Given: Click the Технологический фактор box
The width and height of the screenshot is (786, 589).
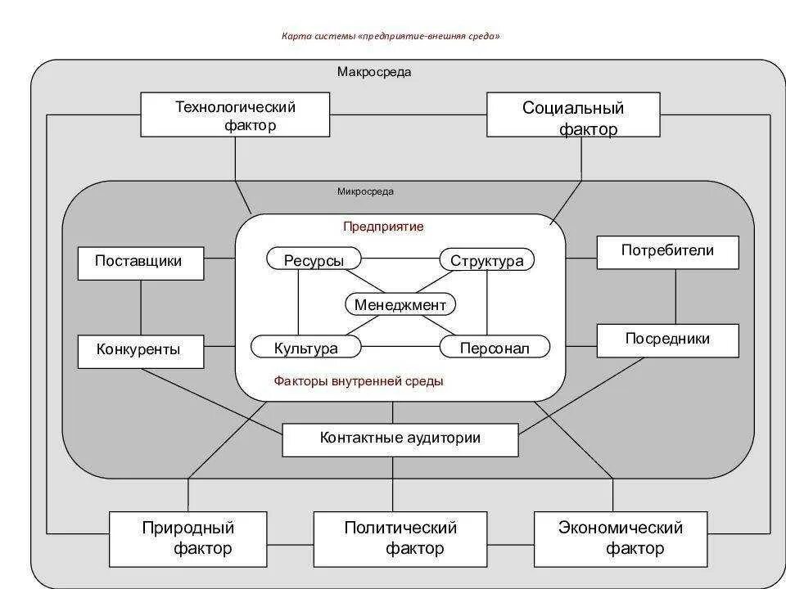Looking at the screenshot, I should [x=235, y=115].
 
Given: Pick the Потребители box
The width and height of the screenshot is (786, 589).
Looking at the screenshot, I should [x=667, y=252].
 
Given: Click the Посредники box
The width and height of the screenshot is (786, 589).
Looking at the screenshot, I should [x=667, y=340].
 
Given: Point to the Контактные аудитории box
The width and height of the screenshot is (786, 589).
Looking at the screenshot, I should [x=400, y=439].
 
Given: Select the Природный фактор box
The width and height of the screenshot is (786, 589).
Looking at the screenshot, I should [x=188, y=539].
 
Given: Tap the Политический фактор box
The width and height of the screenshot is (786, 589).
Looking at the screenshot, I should [x=400, y=539].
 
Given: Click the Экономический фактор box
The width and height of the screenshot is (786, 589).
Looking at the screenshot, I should [x=621, y=539].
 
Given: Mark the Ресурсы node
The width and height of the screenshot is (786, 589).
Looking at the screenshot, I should [x=314, y=260].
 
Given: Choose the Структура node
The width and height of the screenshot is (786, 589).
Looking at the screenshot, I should [x=487, y=260].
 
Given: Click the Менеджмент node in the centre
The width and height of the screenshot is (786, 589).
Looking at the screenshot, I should [x=400, y=304].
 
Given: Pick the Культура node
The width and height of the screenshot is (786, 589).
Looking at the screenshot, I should [x=306, y=348].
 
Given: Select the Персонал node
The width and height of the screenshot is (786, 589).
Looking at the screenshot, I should [x=495, y=348].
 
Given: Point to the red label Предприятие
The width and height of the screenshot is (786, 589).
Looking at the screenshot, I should [x=383, y=227].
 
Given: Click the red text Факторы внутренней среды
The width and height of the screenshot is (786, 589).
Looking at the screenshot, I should [x=359, y=381].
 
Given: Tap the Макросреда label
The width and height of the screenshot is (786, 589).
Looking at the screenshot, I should [x=374, y=72].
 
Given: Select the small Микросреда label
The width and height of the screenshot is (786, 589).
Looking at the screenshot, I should [x=365, y=191].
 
